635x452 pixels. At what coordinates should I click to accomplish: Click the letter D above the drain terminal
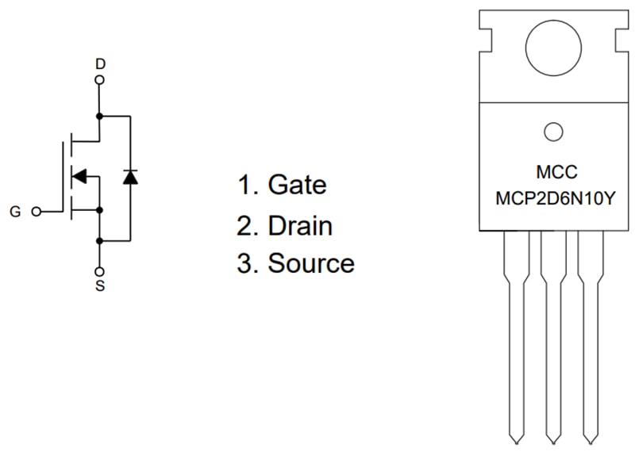point(100,63)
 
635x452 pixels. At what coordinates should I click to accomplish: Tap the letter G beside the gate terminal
point(15,213)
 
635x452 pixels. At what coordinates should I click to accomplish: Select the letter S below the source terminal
point(100,285)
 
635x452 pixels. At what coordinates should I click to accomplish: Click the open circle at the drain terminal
point(100,80)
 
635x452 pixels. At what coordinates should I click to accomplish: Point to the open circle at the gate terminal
point(35,213)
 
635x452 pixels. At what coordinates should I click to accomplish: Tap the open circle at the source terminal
point(100,270)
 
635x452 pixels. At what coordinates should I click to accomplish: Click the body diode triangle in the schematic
point(130,177)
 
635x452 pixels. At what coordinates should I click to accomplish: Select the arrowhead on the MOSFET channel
point(79,175)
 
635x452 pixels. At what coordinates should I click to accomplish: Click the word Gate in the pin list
point(297,185)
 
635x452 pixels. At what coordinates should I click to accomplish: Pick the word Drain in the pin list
point(300,225)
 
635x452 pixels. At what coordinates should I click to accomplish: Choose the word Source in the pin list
point(311,263)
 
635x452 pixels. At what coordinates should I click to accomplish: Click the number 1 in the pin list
point(244,185)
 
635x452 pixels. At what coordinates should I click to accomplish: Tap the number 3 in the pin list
point(244,263)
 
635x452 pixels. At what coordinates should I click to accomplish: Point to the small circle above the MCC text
point(553,132)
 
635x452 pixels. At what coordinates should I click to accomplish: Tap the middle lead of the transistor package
point(553,333)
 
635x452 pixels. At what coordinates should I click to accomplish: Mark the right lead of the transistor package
point(591,333)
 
